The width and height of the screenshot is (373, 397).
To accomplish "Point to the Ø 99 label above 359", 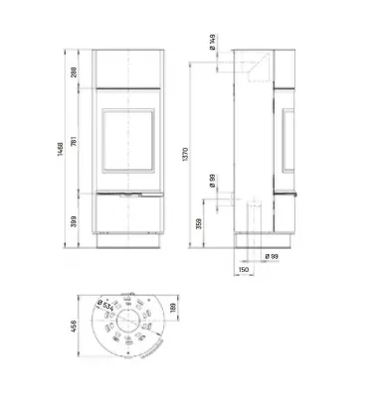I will pos(213,181).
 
